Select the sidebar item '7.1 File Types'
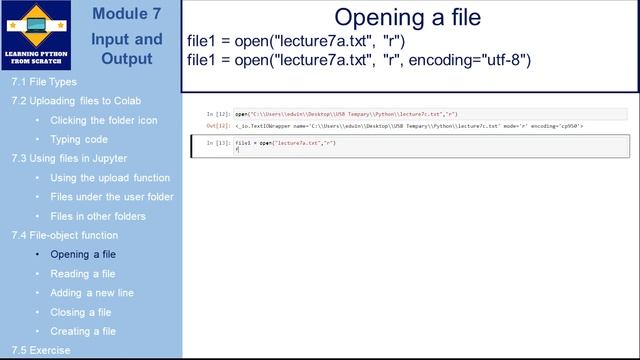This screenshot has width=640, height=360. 43,82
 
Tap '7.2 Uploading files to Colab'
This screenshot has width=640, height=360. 76,101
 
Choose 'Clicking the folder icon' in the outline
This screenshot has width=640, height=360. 103,120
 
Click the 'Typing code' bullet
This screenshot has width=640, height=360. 78,139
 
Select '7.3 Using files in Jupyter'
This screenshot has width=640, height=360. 69,158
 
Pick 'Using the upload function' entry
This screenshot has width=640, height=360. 110,178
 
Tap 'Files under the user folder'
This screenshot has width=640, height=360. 111,197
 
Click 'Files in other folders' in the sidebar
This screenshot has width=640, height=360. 97,216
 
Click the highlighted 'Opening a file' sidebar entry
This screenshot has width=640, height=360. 83,255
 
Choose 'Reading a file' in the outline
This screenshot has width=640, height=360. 82,274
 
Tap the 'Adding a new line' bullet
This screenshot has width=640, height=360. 91,293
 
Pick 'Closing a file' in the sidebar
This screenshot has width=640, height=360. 80,312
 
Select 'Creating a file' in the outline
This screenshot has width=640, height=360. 82,331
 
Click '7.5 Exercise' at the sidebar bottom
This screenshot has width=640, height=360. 41,351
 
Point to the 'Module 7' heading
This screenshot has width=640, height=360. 126,14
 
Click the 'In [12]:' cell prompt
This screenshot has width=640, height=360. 218,115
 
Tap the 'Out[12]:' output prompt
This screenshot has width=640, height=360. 218,127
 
